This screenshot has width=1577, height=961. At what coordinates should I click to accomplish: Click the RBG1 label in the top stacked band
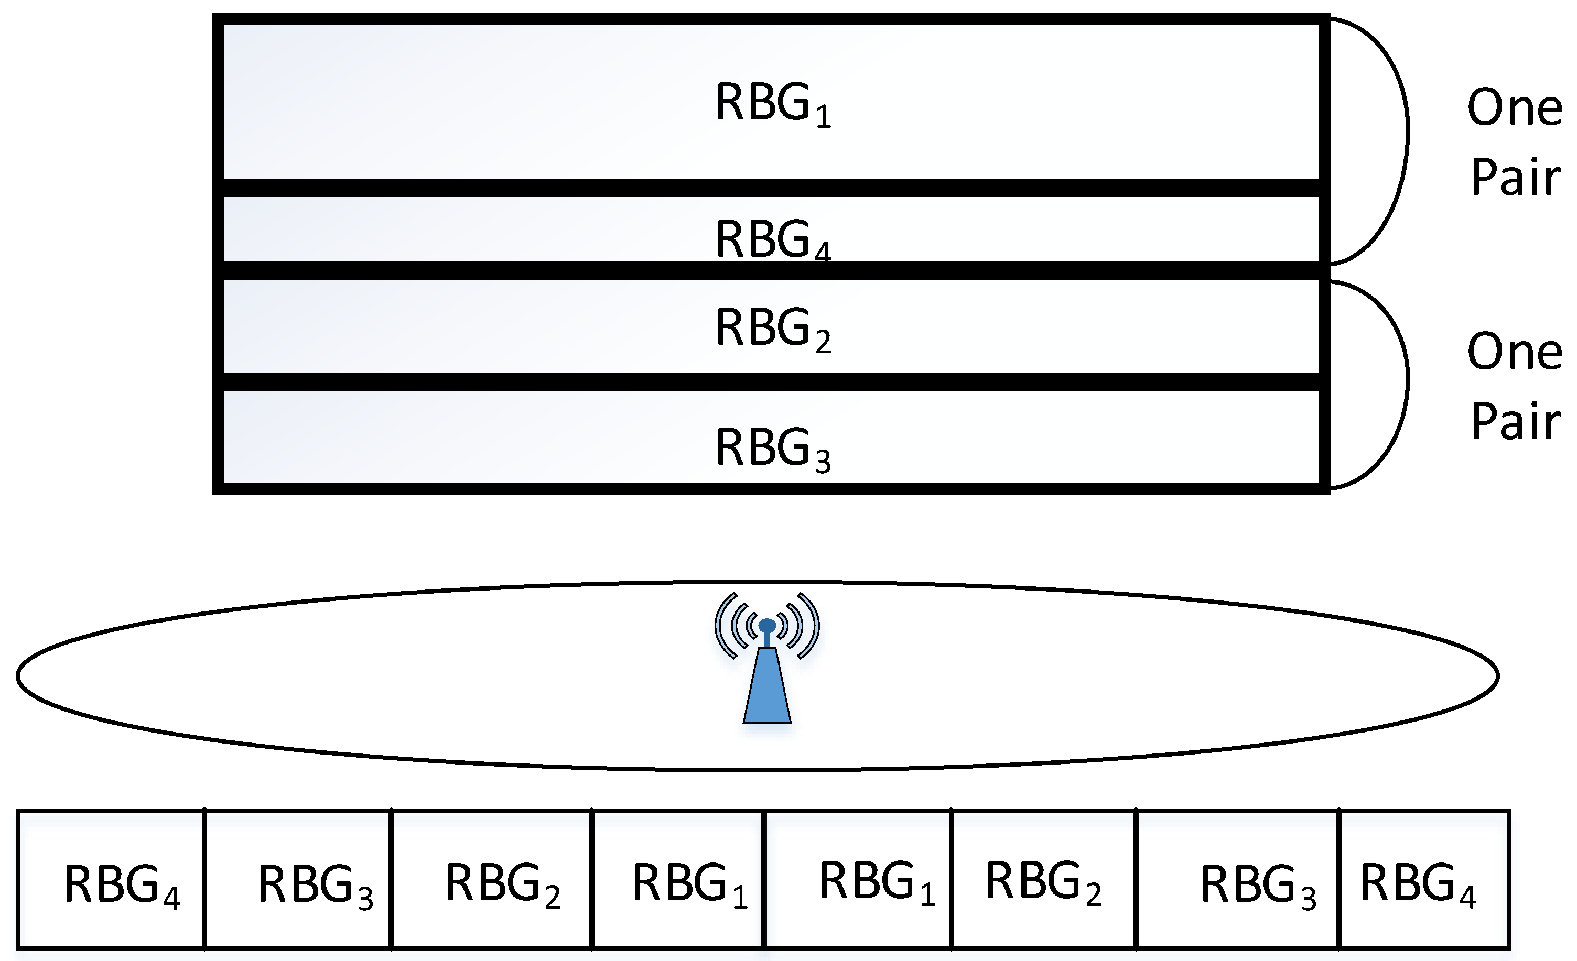click(x=772, y=104)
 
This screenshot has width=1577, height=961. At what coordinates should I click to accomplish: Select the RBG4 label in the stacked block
click(x=772, y=239)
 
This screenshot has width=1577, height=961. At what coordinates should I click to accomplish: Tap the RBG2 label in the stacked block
click(x=772, y=328)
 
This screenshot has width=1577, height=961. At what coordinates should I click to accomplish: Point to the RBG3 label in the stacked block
click(x=772, y=449)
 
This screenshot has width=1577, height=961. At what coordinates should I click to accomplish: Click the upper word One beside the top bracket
click(x=1514, y=107)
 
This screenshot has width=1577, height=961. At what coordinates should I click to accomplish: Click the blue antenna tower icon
click(x=766, y=685)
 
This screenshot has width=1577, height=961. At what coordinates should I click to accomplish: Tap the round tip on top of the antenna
click(x=766, y=625)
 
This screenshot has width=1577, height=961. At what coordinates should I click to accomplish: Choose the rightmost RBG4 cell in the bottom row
click(x=1424, y=879)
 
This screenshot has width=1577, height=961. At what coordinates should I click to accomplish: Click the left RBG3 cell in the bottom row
click(x=298, y=879)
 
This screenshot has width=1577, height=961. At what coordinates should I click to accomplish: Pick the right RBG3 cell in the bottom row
click(x=1237, y=879)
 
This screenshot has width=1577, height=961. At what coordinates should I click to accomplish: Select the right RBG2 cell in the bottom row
click(x=1044, y=879)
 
